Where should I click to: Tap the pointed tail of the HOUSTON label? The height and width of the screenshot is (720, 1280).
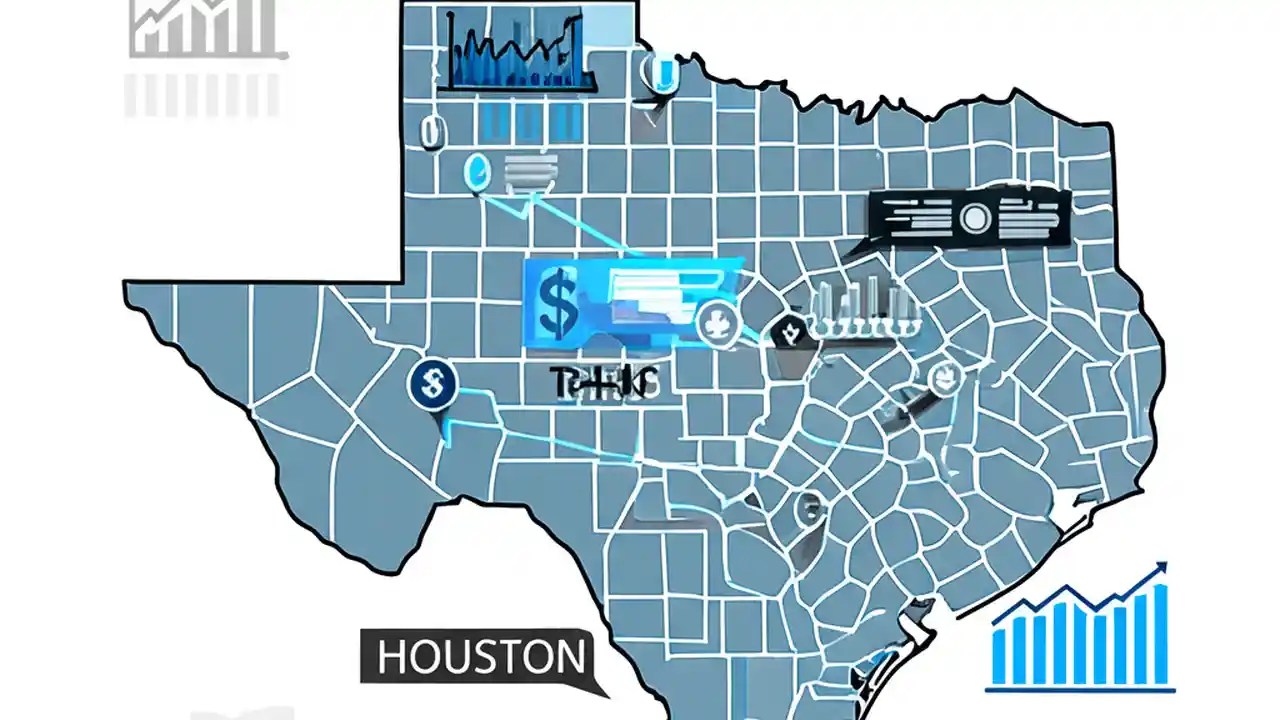coord(600,690)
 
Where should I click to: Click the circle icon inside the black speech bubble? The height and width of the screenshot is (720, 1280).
coord(973,217)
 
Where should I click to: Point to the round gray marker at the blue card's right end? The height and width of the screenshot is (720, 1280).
coord(716,322)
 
